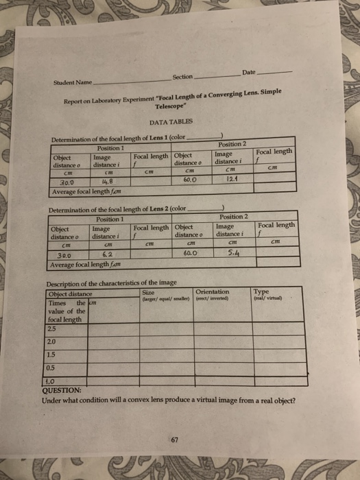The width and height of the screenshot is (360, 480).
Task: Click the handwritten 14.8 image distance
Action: tap(108, 183)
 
